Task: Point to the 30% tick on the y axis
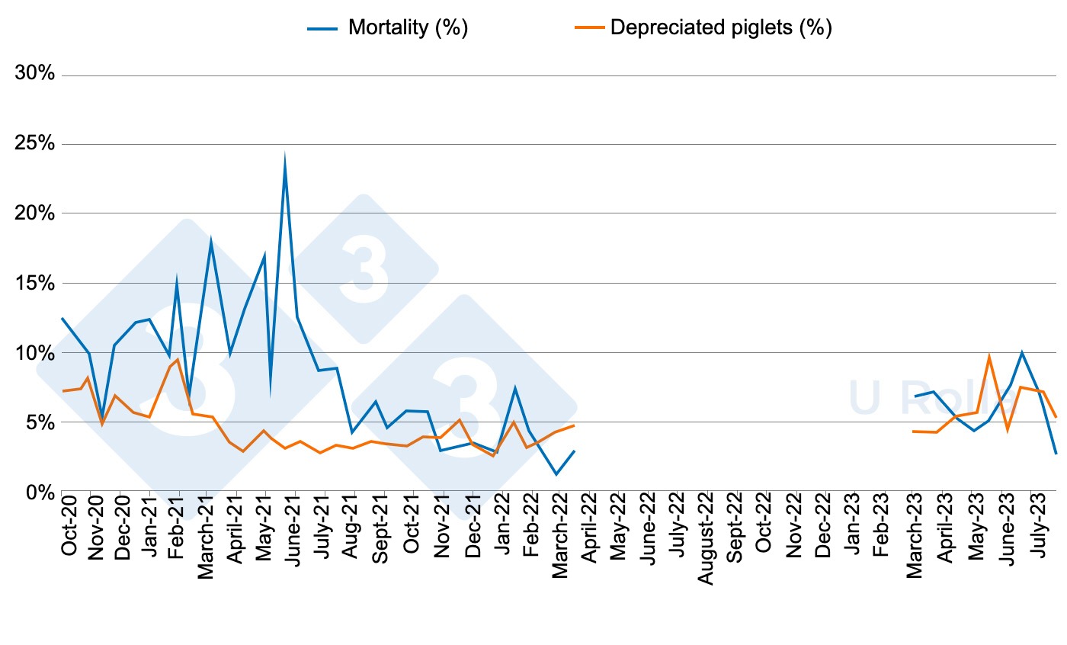click(x=35, y=75)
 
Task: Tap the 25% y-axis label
click(x=35, y=144)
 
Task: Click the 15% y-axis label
click(x=35, y=283)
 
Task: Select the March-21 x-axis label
click(x=207, y=542)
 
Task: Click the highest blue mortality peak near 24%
click(x=284, y=156)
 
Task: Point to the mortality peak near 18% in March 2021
click(x=210, y=240)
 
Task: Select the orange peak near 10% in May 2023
click(x=988, y=356)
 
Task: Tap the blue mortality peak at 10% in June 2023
click(x=1021, y=352)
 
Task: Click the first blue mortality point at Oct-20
click(x=62, y=318)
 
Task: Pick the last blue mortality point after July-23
click(x=1056, y=454)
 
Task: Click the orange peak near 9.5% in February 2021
click(x=178, y=359)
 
